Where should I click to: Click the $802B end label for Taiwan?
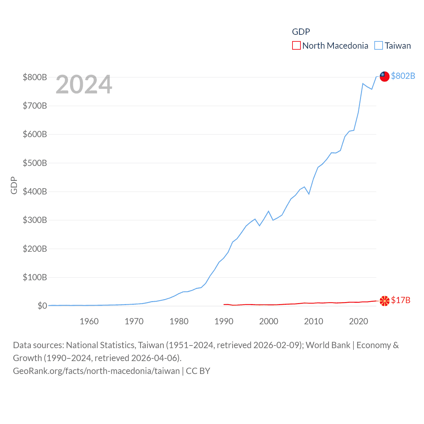click(x=403, y=76)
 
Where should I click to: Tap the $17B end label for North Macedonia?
click(x=400, y=300)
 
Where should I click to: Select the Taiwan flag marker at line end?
click(x=384, y=76)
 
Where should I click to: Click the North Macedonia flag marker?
click(x=384, y=301)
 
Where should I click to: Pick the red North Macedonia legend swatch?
click(x=296, y=45)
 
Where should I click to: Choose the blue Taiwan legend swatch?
click(x=378, y=45)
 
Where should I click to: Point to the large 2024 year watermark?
click(x=84, y=84)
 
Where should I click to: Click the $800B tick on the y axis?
click(x=35, y=77)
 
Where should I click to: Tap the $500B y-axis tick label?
click(x=35, y=163)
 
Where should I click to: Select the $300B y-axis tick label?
click(x=35, y=220)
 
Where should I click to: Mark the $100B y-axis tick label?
click(x=35, y=277)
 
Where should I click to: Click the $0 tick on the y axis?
click(x=42, y=306)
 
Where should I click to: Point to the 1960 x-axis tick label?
click(x=89, y=321)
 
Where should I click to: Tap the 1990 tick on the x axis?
click(x=224, y=321)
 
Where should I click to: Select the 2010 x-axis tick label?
click(x=314, y=321)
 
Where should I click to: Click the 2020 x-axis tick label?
click(x=358, y=321)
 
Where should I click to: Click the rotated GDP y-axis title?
click(x=14, y=185)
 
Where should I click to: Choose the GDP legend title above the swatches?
click(x=301, y=32)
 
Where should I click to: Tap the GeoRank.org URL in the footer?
click(x=96, y=371)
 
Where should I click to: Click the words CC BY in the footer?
click(x=198, y=371)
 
